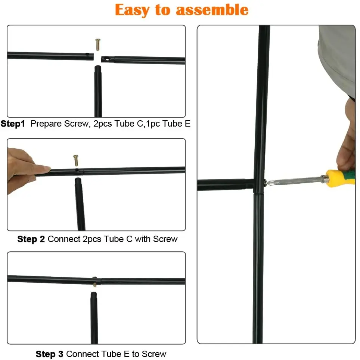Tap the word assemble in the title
click(212, 10)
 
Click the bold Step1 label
click(13, 124)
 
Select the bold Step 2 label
click(31, 239)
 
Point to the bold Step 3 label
click(49, 354)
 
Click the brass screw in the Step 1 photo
click(98, 44)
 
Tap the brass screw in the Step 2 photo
click(76, 160)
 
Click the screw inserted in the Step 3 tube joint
click(94, 282)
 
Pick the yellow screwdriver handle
click(341, 179)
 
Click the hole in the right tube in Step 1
click(107, 60)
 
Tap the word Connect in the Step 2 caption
click(64, 239)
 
